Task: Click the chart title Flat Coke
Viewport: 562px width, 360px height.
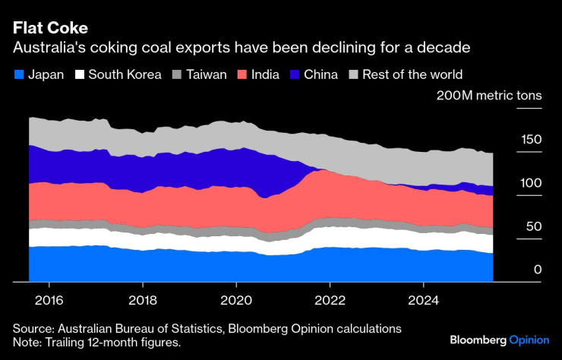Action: [x=50, y=28]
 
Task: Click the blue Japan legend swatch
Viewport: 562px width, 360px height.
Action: [x=17, y=74]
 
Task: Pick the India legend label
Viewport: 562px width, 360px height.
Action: [x=264, y=74]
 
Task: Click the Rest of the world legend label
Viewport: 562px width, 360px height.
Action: [x=412, y=74]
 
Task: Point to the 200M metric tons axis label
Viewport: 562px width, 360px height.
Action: [x=488, y=96]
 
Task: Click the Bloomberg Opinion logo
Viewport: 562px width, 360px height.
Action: [x=499, y=339]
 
